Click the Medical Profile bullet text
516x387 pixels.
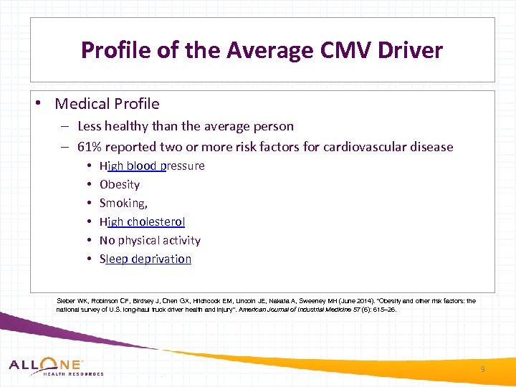[x=107, y=104]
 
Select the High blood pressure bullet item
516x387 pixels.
[x=152, y=166]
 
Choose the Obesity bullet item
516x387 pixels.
[x=120, y=184]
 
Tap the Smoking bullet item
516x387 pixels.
[x=123, y=203]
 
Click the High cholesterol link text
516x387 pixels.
[x=142, y=221]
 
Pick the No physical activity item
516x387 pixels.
[x=150, y=240]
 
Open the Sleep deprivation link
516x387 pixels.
[x=145, y=259]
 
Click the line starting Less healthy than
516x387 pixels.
[x=185, y=126]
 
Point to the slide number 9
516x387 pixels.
[x=482, y=369]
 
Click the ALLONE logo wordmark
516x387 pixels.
[x=46, y=364]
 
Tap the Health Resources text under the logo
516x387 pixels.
[x=73, y=373]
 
